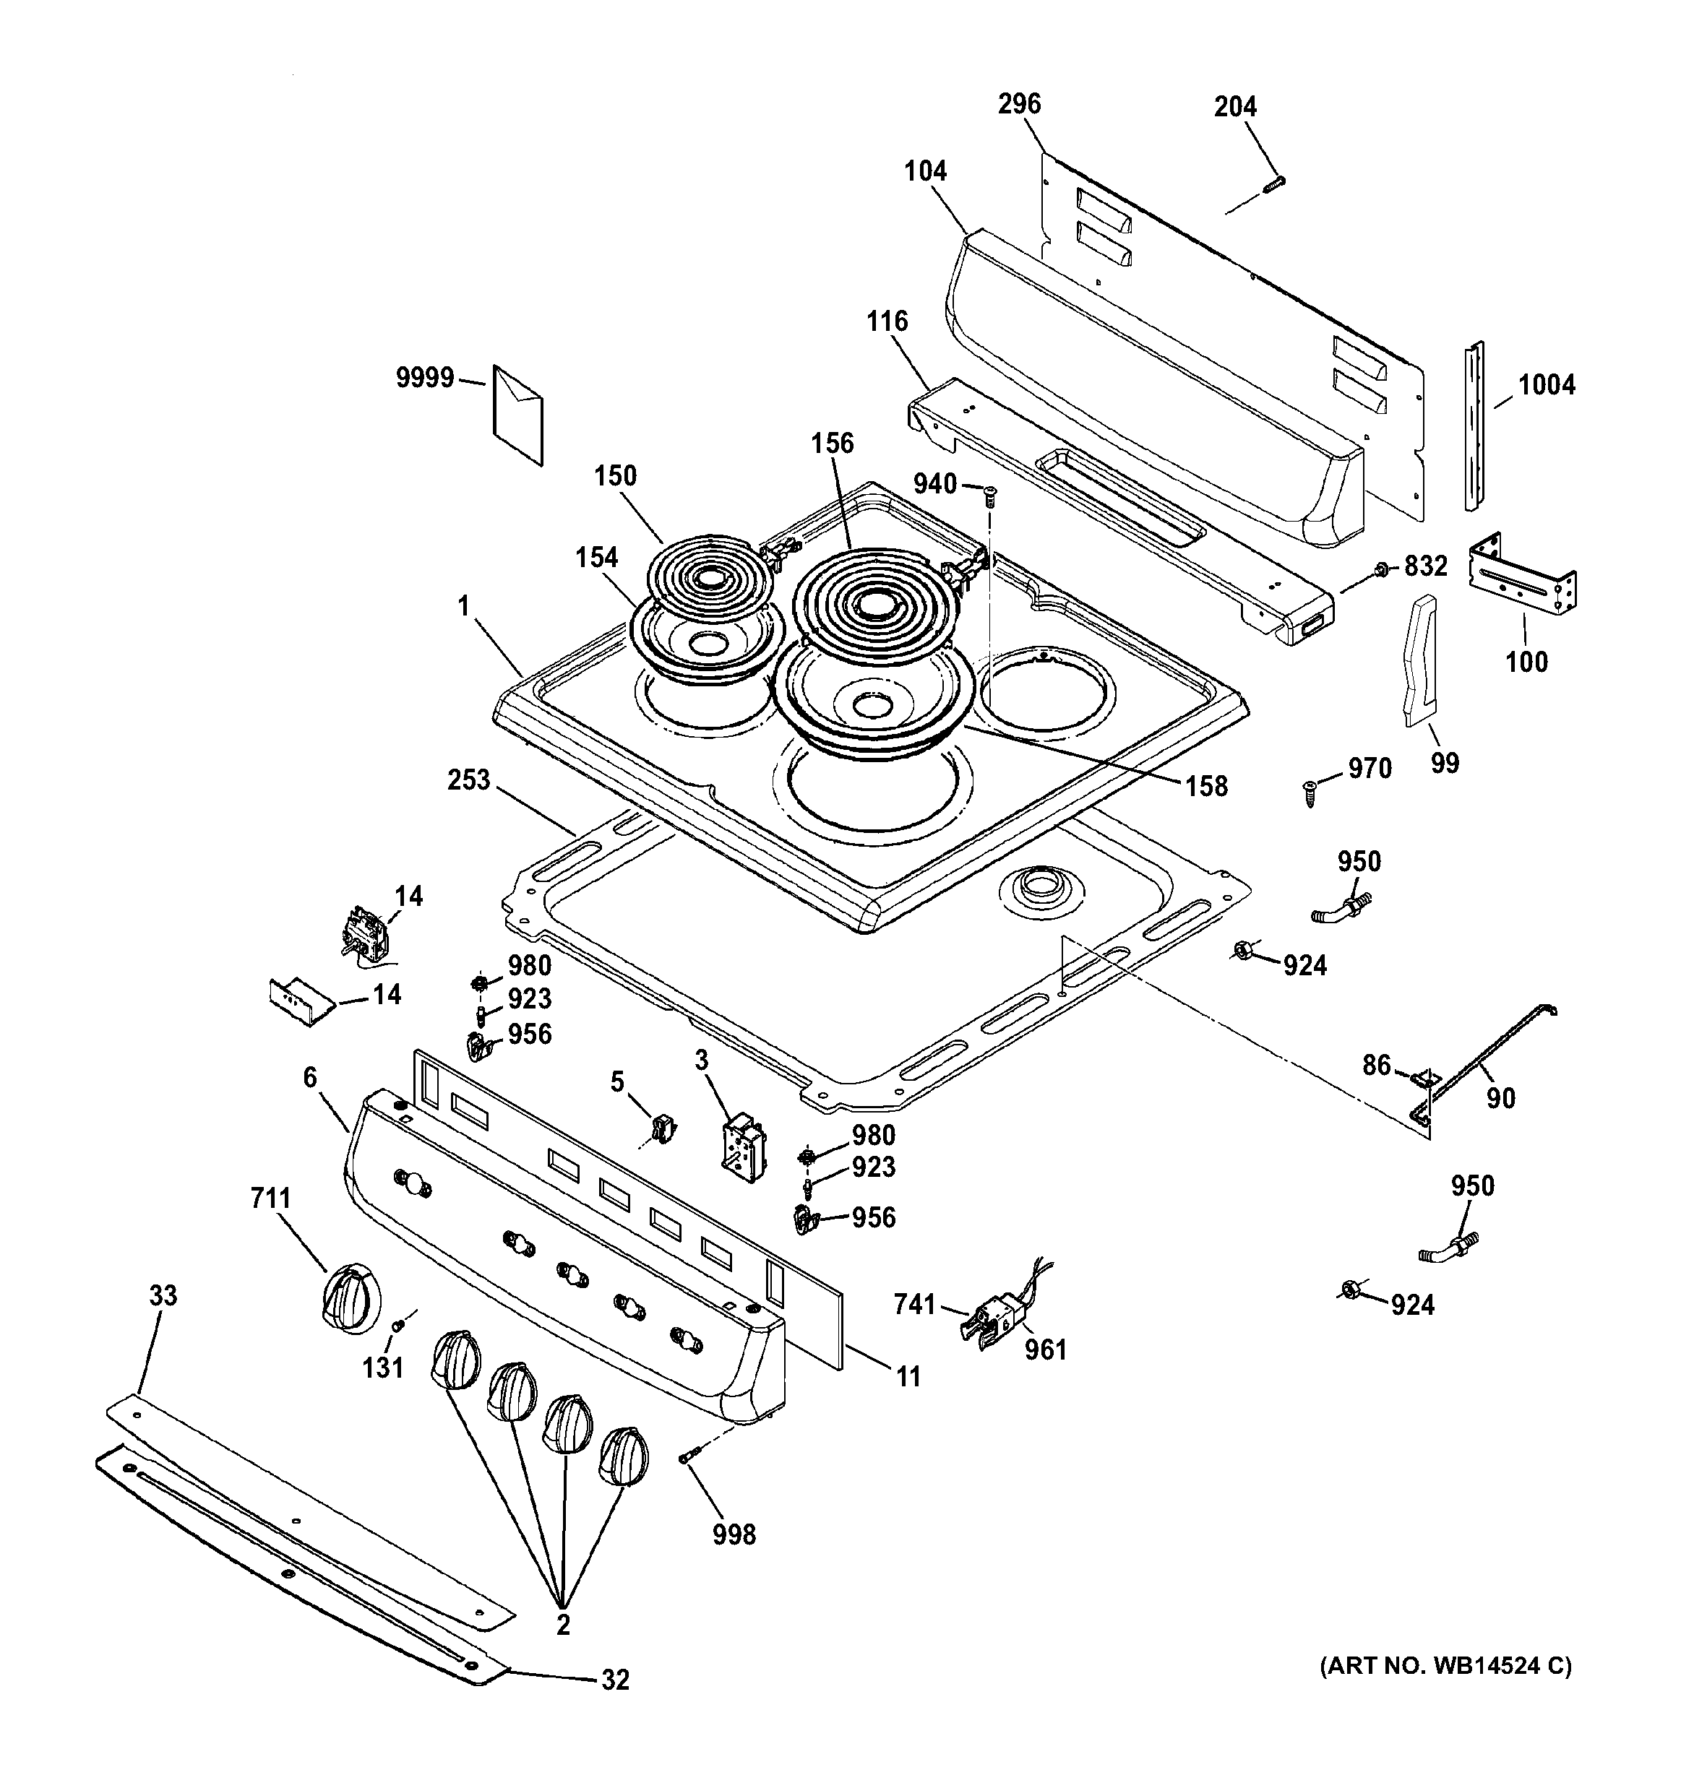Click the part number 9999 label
[425, 378]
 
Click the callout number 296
[1019, 104]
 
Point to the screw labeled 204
[1273, 183]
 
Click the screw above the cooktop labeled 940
[990, 492]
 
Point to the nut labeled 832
[1380, 569]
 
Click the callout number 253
[469, 779]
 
